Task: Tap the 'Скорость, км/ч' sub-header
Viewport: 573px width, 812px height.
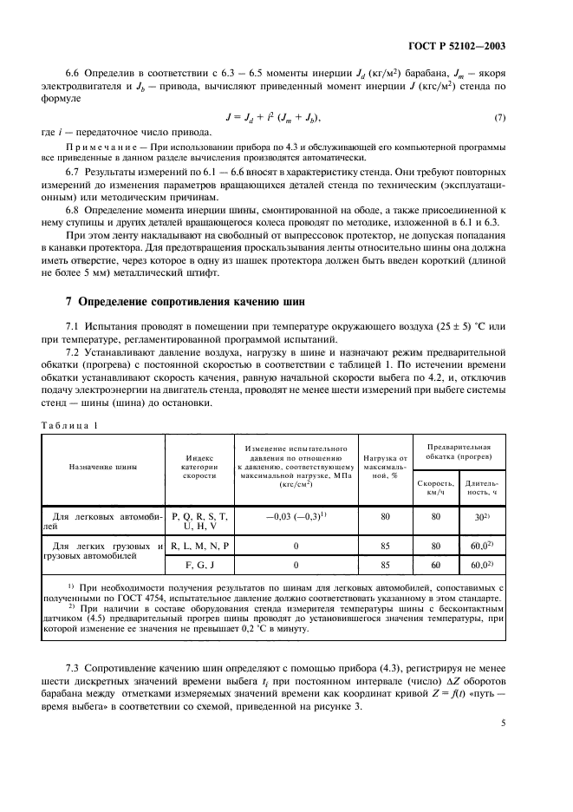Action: click(436, 487)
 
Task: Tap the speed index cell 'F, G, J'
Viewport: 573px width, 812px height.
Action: click(199, 565)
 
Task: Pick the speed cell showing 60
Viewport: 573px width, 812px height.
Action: click(436, 565)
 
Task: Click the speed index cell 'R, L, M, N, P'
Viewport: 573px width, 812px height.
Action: click(199, 546)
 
